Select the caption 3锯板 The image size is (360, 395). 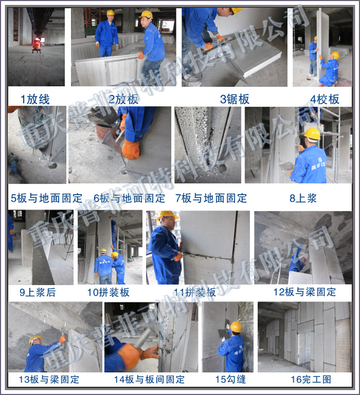coord(235,98)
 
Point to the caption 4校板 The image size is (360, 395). coord(325,99)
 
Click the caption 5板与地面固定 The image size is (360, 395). coord(47,198)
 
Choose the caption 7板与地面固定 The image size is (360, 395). coord(211,198)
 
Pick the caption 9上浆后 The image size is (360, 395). coord(37,292)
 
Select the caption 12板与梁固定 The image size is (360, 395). coord(304,292)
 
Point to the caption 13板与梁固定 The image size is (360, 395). coord(49,379)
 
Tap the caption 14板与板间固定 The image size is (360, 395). coord(149,379)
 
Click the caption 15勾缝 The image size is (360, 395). coord(230,379)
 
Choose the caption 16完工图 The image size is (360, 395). coord(304,379)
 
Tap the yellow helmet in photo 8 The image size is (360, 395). coord(312,133)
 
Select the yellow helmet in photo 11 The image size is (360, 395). coord(168,216)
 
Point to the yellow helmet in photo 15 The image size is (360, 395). coord(236,326)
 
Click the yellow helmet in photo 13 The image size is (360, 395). coord(35,339)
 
